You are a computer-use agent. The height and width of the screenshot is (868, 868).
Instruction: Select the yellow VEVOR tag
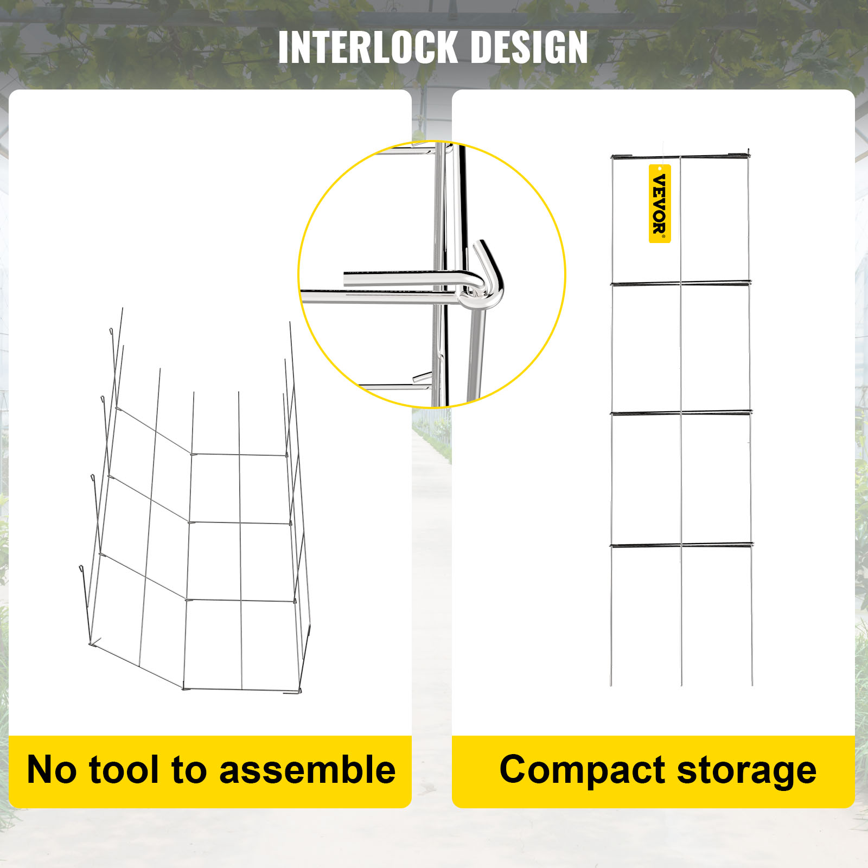tap(660, 203)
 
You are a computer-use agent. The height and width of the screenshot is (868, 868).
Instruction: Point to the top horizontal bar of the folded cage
tap(681, 157)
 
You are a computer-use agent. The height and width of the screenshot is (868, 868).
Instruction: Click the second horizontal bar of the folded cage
tap(681, 283)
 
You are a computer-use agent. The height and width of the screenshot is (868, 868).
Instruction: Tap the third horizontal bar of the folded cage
tap(681, 413)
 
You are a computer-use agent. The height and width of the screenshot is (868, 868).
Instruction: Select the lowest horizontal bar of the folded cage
tap(682, 544)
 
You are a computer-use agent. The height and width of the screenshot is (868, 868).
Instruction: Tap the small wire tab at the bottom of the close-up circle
tap(422, 378)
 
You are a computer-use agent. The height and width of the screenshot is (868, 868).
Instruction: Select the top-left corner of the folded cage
tap(612, 157)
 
